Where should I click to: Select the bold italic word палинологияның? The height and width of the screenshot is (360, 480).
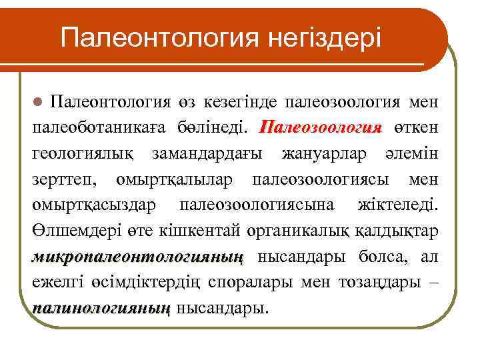(101, 308)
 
